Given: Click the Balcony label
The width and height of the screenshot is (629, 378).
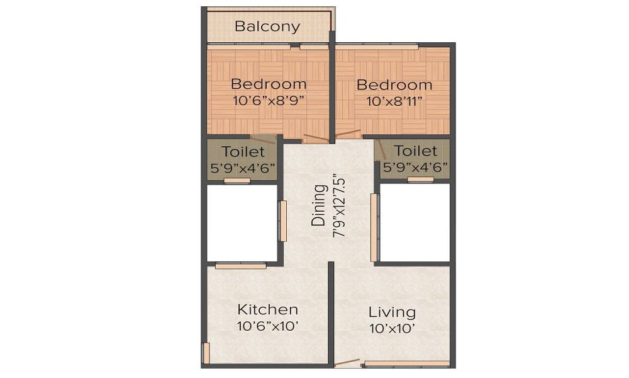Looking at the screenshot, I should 267,26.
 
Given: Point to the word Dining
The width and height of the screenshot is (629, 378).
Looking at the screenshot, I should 320,205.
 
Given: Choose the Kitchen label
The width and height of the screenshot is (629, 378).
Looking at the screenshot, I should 267,310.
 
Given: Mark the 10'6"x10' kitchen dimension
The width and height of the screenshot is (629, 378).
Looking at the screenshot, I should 267,326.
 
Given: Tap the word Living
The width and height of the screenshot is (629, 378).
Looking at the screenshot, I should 392,312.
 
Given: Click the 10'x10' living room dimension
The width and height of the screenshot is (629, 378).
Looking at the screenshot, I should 392,328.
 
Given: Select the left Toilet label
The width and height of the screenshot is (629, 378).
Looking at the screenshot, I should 242,152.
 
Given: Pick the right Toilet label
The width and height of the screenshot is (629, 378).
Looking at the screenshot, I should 416,151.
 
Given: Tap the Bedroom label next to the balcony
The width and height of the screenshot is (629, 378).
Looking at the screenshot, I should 269,83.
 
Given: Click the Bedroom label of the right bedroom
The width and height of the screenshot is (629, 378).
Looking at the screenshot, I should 394,84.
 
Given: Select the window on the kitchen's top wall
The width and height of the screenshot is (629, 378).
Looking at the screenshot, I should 240,266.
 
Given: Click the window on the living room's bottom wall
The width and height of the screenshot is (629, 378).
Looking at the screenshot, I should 408,364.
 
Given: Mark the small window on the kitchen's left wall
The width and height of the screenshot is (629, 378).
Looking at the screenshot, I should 204,353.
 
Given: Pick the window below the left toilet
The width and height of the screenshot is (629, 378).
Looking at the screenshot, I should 237,181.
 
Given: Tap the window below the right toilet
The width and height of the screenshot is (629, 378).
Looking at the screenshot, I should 420,180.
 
